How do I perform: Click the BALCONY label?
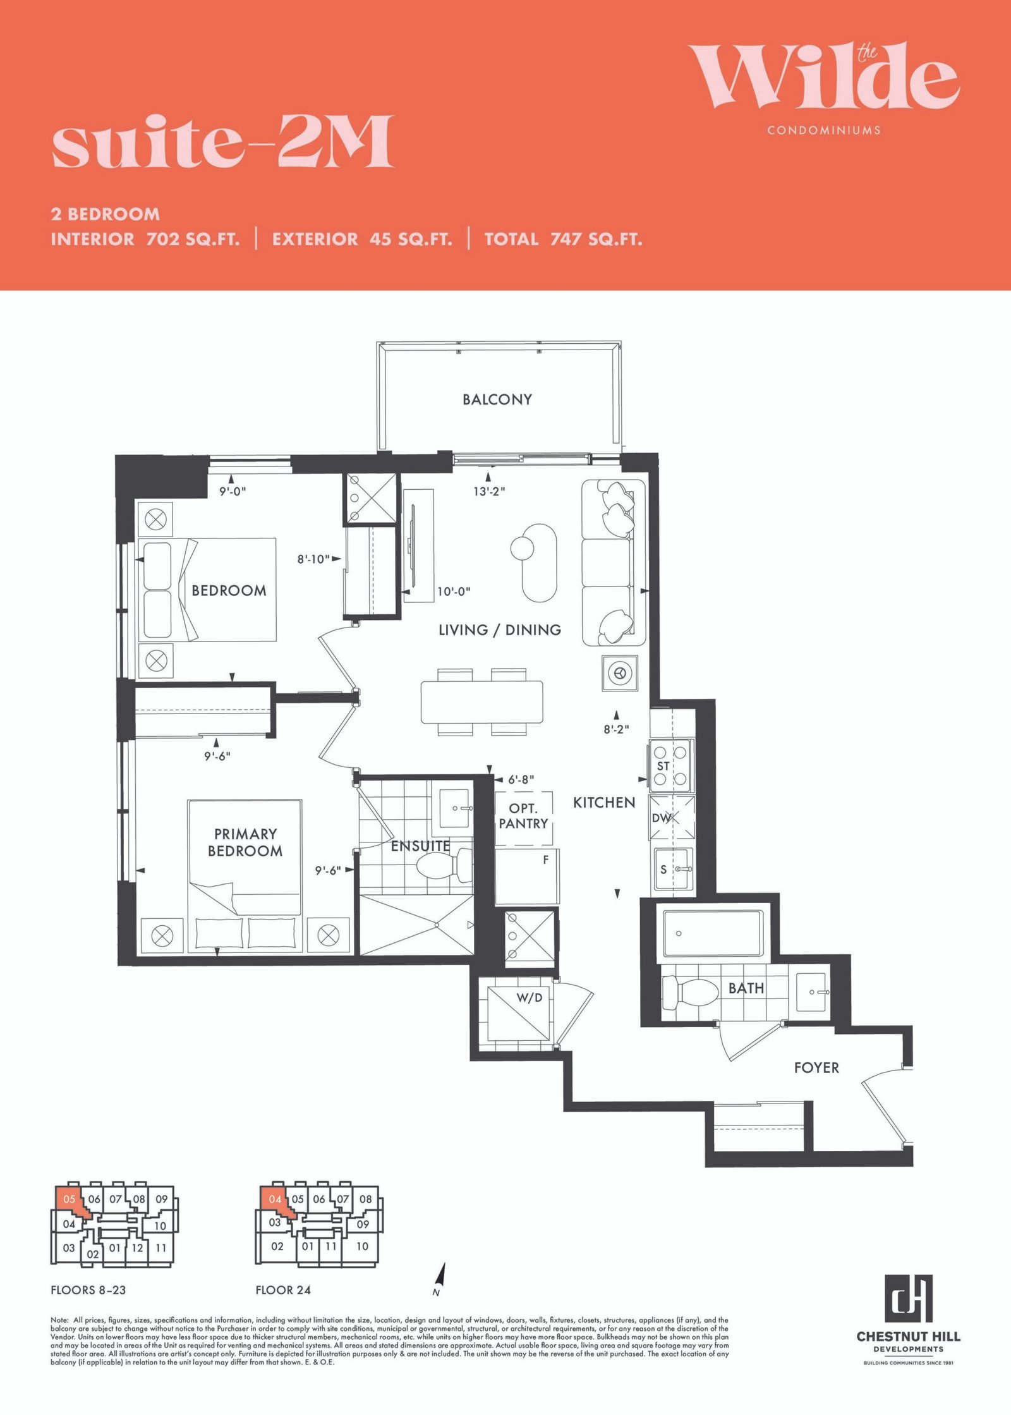pos(497,399)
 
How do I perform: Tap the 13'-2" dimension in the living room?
pos(489,491)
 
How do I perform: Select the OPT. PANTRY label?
pos(523,816)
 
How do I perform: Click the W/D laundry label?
pos(530,997)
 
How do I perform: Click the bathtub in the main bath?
pos(712,933)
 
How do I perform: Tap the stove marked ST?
pos(671,765)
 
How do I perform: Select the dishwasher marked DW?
pos(672,818)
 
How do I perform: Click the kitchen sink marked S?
pos(674,869)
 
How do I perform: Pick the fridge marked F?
pos(527,877)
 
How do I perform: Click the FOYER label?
pos(816,1067)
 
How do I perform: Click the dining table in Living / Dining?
pos(482,702)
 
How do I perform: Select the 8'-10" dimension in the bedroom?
pos(313,559)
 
